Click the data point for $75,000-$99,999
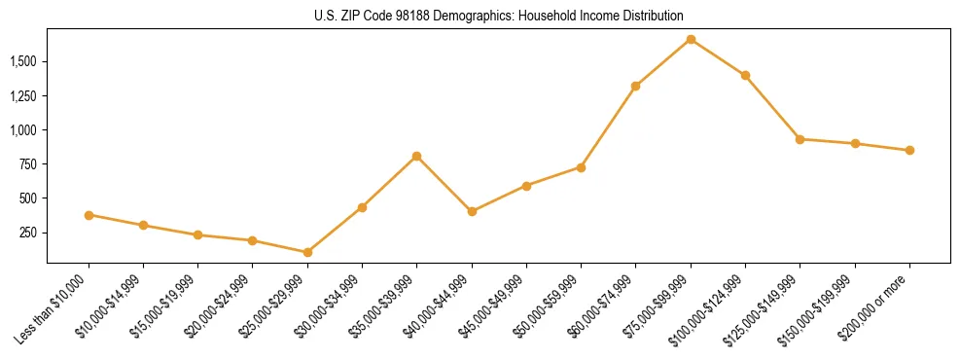691,39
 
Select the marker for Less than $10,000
89,215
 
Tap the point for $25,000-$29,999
307,252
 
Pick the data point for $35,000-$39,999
416,156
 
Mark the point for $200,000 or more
909,150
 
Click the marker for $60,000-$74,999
635,86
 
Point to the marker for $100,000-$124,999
745,75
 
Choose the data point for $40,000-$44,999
472,211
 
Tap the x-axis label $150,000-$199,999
819,306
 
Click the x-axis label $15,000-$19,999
164,305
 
